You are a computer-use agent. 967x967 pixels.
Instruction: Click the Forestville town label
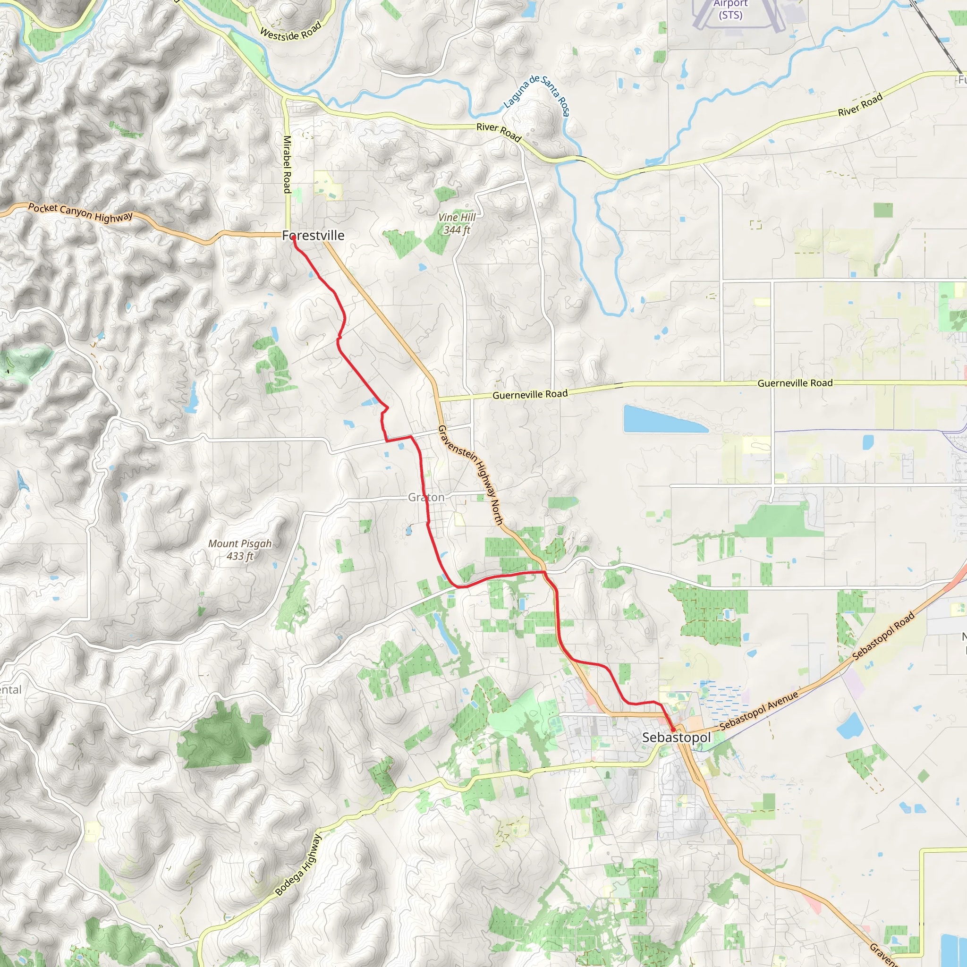(314, 235)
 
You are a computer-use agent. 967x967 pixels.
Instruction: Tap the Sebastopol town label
(676, 737)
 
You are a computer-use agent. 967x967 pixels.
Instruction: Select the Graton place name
(426, 497)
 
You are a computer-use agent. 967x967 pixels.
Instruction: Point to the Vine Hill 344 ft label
(457, 224)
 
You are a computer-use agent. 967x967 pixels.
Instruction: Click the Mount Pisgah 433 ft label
(240, 550)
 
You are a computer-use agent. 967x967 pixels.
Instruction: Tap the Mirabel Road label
(287, 164)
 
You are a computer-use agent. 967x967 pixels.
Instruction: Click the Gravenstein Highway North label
(470, 475)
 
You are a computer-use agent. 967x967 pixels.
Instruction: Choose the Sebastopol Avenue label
(759, 710)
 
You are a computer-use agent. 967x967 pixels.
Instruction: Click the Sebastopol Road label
(883, 636)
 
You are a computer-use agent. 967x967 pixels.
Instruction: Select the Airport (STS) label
(730, 9)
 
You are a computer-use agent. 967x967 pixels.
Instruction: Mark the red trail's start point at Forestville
(293, 238)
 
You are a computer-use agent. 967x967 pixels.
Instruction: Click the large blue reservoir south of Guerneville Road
(664, 419)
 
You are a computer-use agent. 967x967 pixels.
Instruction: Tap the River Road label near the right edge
(860, 106)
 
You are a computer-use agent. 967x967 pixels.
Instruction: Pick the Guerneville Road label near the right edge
(795, 383)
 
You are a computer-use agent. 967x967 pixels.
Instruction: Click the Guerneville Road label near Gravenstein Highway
(530, 394)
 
